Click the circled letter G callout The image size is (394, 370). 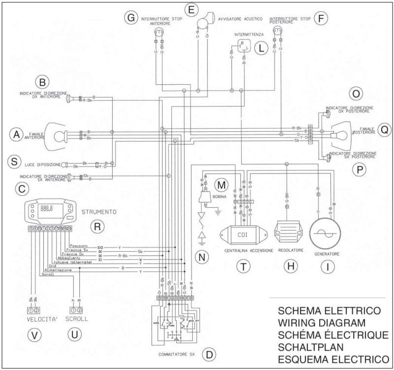pos(131,17)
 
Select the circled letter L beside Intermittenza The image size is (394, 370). pos(262,48)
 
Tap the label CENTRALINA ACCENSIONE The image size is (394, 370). pos(243,250)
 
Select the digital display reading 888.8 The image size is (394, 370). pos(47,209)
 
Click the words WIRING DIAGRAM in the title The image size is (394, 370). pos(321,323)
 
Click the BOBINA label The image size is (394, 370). pos(220,197)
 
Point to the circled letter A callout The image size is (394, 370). pos(17,134)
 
